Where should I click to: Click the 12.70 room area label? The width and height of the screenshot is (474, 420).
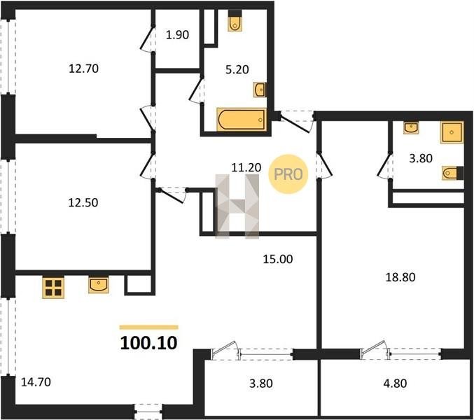[84, 69]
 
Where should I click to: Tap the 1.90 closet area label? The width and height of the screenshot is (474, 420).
[177, 35]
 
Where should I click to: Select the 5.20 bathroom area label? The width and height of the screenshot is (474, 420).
[237, 69]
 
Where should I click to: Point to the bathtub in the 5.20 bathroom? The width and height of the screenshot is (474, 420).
[242, 120]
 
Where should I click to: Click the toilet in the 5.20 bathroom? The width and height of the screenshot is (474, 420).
[235, 21]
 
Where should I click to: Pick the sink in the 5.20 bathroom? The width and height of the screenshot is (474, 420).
[260, 90]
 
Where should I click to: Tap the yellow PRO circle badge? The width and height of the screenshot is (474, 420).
[288, 174]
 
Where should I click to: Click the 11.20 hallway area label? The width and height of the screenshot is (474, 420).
[246, 167]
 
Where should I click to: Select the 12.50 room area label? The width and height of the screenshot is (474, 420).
[83, 202]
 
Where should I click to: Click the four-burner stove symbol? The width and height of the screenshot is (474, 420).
[53, 288]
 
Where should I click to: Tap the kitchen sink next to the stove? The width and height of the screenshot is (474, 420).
[99, 285]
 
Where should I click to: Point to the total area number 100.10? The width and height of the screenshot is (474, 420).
[148, 343]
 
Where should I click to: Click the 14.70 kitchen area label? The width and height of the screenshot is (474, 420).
[36, 382]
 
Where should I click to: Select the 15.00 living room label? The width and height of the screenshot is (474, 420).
[278, 259]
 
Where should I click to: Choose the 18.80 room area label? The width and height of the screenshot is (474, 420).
[400, 277]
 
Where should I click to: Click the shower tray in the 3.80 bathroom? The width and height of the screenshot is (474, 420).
[452, 132]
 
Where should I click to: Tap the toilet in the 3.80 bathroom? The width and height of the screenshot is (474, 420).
[453, 173]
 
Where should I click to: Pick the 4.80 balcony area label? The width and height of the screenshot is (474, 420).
[395, 384]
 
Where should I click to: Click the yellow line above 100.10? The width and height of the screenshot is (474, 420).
[148, 327]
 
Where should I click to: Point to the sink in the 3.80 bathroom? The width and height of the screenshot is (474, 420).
[411, 127]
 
